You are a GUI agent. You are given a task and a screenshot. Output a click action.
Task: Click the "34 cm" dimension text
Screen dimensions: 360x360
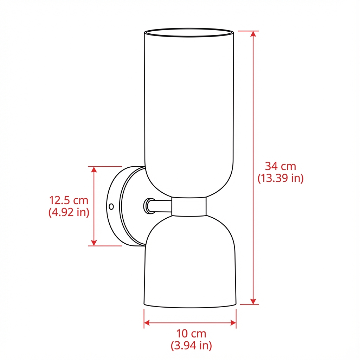280,166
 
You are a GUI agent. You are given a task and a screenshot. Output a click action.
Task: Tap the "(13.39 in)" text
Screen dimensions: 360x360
280,178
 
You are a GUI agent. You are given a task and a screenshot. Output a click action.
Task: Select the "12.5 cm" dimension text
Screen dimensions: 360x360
69,200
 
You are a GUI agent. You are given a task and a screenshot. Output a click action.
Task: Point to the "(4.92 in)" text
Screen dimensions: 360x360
69,212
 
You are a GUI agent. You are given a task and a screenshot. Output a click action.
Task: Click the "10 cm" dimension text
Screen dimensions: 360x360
191,333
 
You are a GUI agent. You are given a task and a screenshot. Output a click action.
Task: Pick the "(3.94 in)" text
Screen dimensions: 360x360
191,346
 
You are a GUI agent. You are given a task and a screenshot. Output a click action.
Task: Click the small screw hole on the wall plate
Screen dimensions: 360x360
111,206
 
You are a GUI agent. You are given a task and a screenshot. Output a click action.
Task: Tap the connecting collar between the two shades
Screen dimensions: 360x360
189,206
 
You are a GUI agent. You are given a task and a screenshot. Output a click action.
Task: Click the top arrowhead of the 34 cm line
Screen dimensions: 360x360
253,34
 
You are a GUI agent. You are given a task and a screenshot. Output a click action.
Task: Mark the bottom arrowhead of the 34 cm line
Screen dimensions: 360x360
253,301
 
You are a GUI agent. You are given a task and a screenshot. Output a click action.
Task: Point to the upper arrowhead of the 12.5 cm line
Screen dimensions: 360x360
94,169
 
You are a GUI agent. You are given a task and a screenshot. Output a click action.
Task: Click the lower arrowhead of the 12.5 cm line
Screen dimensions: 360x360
94,243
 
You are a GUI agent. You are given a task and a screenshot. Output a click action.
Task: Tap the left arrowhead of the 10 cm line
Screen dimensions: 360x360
147,322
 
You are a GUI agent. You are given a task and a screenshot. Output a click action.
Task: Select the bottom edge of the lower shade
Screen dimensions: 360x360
190,306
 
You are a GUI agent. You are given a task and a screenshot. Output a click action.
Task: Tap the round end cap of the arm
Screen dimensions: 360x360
147,206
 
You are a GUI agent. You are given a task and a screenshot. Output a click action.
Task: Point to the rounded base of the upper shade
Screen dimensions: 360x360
189,183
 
